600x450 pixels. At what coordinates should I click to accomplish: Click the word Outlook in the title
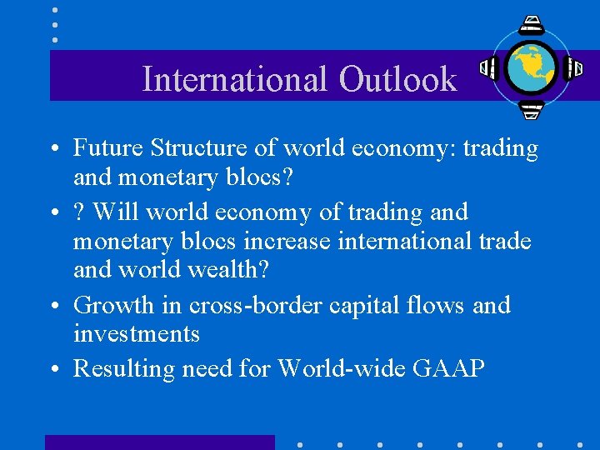point(397,79)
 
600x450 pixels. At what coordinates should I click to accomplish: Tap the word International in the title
point(236,79)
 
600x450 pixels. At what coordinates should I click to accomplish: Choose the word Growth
point(114,305)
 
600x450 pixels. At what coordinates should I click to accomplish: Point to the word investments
point(137,334)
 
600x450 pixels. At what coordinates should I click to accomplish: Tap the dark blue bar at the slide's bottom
point(159,442)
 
